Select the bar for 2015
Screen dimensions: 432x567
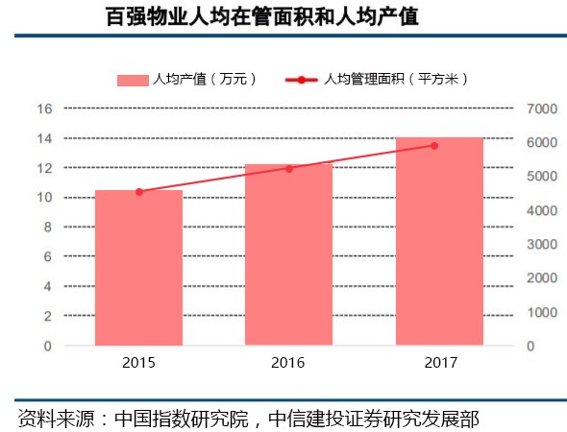pyautogui.click(x=138, y=268)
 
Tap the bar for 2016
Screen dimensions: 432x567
pyautogui.click(x=288, y=254)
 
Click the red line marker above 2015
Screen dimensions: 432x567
pyautogui.click(x=138, y=192)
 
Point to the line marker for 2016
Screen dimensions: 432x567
pyautogui.click(x=288, y=168)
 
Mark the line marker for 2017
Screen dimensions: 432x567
pyautogui.click(x=434, y=146)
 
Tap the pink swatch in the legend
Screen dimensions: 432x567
pyautogui.click(x=132, y=80)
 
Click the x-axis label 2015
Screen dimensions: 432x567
pyautogui.click(x=138, y=363)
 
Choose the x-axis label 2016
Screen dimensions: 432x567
pyautogui.click(x=288, y=363)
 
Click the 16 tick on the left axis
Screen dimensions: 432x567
pyautogui.click(x=43, y=108)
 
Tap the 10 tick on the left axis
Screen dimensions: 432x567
pyautogui.click(x=43, y=198)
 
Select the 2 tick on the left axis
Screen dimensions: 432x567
pyautogui.click(x=47, y=316)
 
